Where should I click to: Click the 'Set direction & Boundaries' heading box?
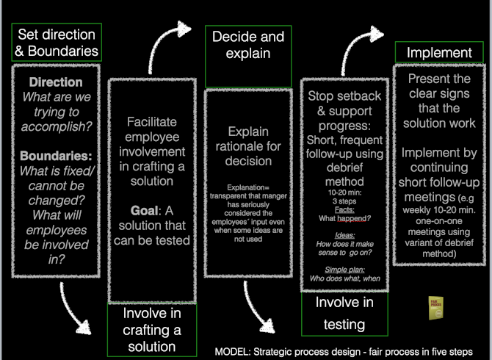coord(55,43)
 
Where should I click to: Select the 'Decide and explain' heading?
coord(247,44)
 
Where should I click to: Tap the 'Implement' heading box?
coord(439,52)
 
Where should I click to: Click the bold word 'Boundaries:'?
coord(56,156)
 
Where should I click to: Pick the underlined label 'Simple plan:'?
coord(345,270)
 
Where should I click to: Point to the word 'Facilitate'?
coord(152,122)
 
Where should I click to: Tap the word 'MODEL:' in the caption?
coord(234,351)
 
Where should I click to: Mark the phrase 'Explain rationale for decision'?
coord(247,144)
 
